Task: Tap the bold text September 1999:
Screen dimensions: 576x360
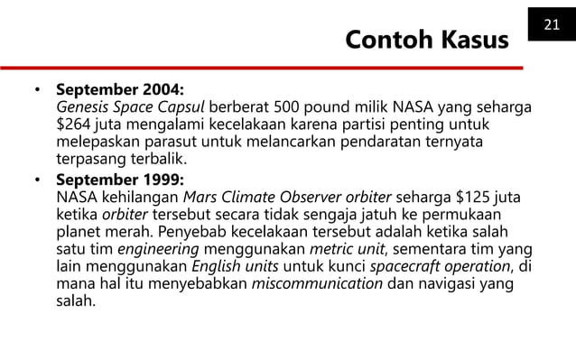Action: (119, 180)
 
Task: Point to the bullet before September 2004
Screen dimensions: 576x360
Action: (38, 92)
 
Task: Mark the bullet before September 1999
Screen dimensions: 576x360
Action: (38, 180)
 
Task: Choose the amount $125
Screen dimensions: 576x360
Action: (470, 197)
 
